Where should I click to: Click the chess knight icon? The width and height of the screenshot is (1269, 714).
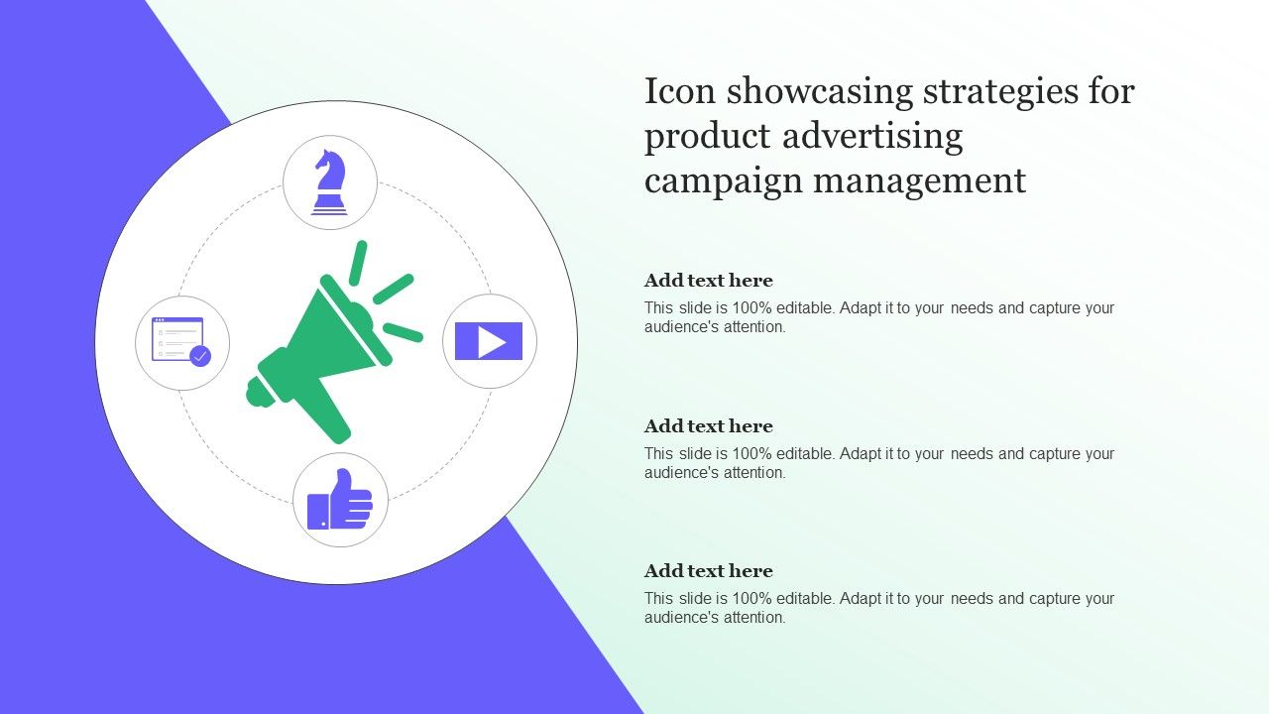click(329, 182)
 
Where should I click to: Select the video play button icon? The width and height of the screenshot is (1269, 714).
click(489, 341)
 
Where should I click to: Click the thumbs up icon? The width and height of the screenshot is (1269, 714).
click(340, 500)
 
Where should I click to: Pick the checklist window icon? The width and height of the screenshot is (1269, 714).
click(181, 342)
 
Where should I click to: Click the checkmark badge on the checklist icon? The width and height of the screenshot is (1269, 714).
click(200, 356)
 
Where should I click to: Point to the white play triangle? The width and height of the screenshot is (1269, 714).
click(491, 342)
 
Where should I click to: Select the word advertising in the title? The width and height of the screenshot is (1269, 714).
click(872, 138)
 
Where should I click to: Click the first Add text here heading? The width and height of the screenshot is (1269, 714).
click(709, 281)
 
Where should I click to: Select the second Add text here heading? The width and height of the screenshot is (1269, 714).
click(709, 426)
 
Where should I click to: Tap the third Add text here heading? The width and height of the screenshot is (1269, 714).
click(709, 571)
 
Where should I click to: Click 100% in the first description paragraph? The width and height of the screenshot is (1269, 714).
click(751, 308)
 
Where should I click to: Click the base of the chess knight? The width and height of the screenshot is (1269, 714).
click(329, 205)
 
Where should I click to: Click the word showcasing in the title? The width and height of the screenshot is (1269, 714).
click(820, 93)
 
